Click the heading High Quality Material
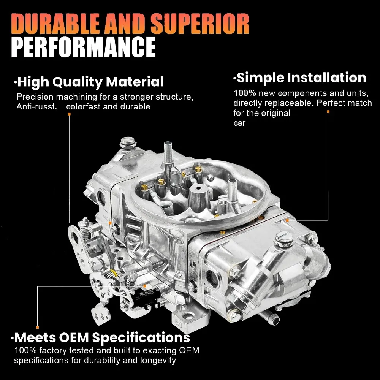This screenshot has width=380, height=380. [x=90, y=81]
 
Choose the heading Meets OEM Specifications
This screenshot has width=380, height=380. [x=102, y=337]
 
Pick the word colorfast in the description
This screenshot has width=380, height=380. [x=84, y=107]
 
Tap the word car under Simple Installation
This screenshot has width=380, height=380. [x=239, y=123]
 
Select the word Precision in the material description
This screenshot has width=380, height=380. [x=35, y=97]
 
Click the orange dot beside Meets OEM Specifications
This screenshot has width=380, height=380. [x=37, y=327]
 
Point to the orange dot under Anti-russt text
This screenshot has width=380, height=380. [x=69, y=114]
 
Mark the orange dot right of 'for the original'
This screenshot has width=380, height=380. [x=328, y=112]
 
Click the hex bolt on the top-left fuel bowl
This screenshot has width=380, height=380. [x=125, y=144]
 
